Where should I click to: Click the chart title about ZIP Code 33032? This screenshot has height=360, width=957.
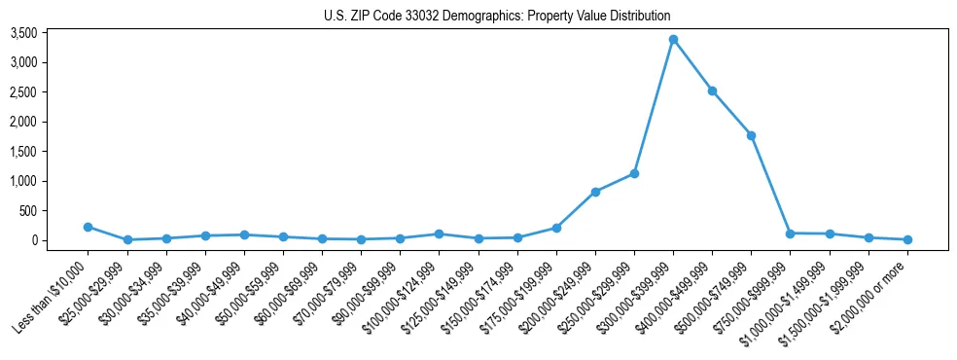click(497, 16)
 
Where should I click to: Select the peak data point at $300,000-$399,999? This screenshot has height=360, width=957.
click(673, 40)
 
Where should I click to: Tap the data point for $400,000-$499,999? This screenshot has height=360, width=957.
click(712, 90)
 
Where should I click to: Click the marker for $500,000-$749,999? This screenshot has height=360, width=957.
click(751, 135)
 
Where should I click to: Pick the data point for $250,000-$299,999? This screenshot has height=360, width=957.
click(634, 173)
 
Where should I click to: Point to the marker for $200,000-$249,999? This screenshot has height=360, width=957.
click(595, 192)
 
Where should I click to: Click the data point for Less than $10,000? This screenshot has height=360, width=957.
click(89, 227)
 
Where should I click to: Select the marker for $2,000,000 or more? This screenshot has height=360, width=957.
click(907, 239)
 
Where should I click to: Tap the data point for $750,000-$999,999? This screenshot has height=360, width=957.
click(790, 234)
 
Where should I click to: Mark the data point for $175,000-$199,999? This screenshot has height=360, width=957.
click(556, 228)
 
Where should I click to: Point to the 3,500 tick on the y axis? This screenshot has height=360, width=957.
click(51, 33)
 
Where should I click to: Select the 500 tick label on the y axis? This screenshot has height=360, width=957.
click(55, 210)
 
